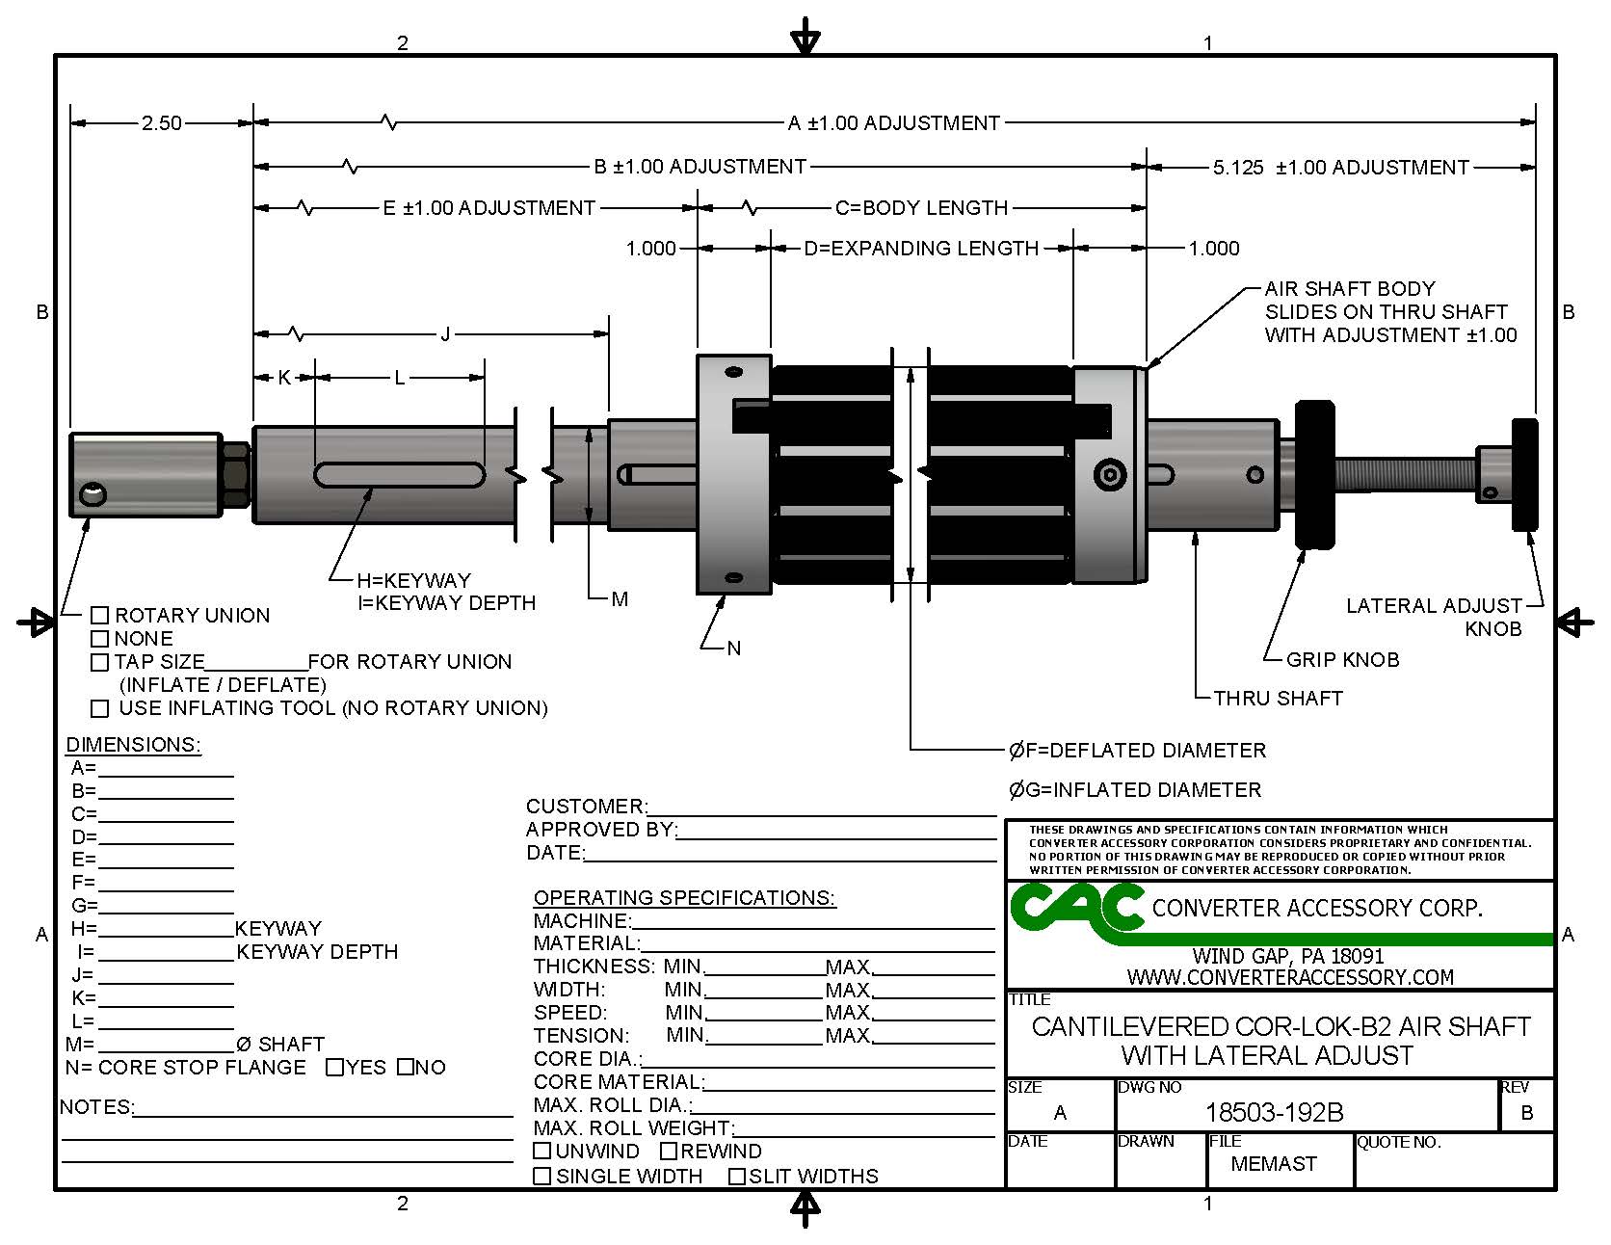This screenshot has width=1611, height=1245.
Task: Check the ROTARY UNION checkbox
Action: coord(99,615)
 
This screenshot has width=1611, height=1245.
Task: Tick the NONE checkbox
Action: coord(99,638)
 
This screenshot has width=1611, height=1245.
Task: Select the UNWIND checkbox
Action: coord(542,1151)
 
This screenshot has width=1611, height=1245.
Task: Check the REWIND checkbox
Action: coord(669,1151)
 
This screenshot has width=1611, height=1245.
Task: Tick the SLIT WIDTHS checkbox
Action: coord(737,1176)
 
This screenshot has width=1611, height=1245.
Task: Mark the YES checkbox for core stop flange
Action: coord(334,1067)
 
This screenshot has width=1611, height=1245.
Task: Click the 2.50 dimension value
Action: coord(161,123)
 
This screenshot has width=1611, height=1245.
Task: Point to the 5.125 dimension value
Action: coord(1238,168)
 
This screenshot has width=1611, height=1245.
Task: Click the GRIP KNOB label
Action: coord(1342,660)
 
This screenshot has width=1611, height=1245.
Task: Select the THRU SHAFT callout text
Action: coord(1278,699)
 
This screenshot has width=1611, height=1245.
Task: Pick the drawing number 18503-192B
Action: coord(1274,1113)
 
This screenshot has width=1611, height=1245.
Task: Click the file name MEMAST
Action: coord(1273,1164)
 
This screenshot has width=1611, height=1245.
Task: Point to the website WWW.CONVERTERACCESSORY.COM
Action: coord(1290,977)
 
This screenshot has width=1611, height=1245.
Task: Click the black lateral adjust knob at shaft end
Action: coord(1523,474)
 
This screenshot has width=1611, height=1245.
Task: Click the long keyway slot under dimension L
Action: coord(400,474)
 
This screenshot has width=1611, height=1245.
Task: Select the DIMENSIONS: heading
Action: coord(133,745)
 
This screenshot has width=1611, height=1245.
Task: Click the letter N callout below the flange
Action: coord(734,649)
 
